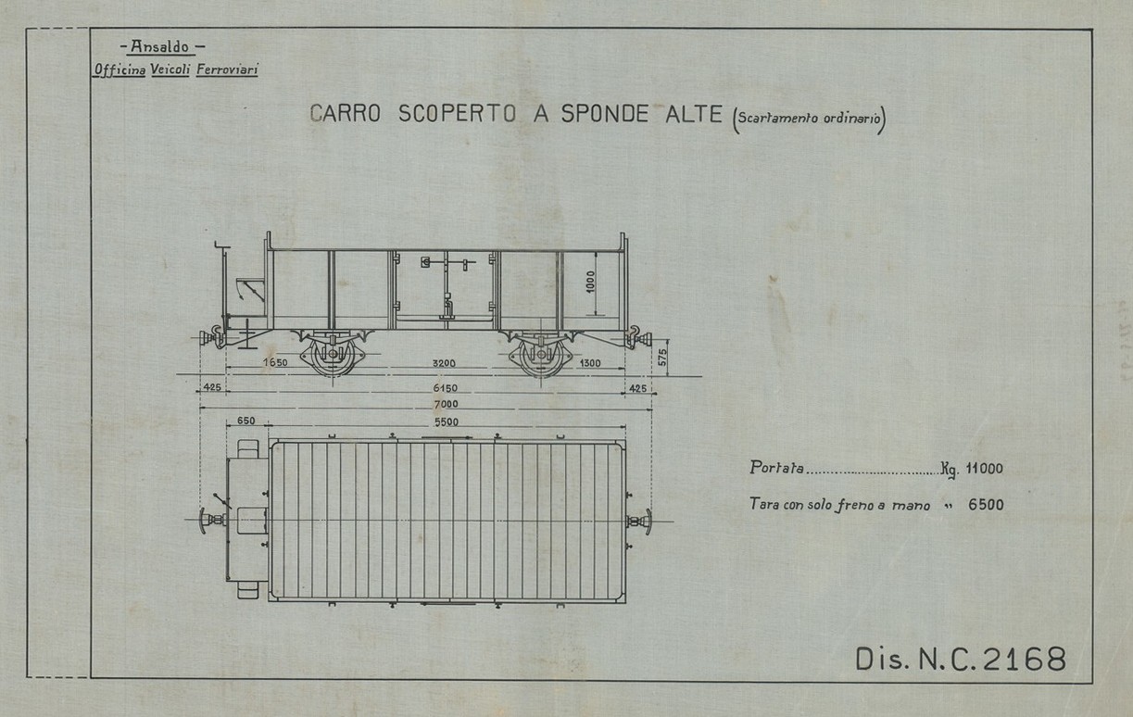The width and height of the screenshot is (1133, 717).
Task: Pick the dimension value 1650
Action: click(x=275, y=363)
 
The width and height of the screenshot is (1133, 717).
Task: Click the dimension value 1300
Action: click(x=586, y=363)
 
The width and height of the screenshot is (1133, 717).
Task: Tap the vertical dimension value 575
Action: click(x=662, y=358)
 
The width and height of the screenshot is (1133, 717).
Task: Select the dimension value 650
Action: click(x=245, y=421)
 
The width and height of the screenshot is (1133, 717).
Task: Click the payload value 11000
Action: click(x=984, y=469)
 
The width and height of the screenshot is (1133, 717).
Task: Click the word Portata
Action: click(x=776, y=469)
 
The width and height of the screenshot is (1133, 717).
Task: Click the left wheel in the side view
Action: click(x=329, y=357)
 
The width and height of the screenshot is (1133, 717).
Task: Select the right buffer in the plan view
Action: click(x=641, y=522)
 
